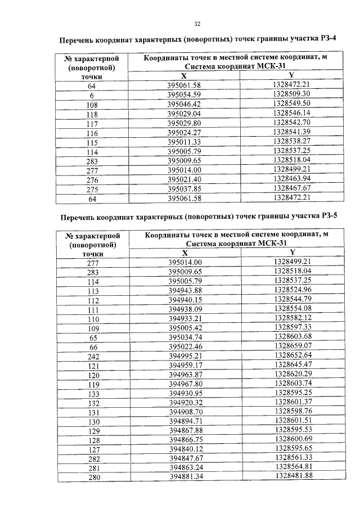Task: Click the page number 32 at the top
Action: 197,24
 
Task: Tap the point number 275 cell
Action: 92,188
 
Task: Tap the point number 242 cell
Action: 93,357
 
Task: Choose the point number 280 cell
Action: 93,477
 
